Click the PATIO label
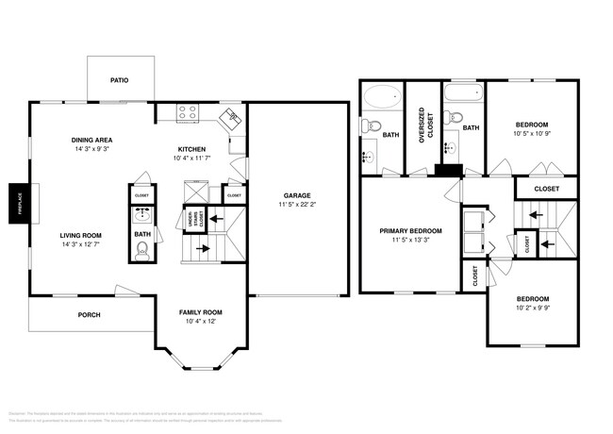[119, 80]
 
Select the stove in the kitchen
[187, 112]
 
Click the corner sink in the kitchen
[230, 117]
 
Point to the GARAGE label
[294, 195]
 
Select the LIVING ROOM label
[81, 235]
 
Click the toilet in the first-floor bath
[142, 250]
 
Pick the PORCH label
[89, 315]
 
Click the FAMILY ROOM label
[200, 312]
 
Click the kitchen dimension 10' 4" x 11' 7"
[198, 159]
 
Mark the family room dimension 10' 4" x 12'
[200, 322]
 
